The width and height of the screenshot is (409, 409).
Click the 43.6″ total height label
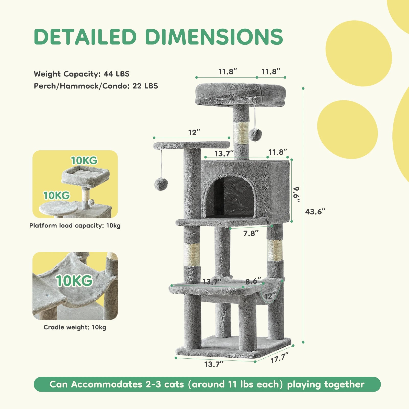315,212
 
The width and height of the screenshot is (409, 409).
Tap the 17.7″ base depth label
280,357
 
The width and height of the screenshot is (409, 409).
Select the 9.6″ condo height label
296,195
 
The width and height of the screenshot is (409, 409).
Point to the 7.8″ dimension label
251,233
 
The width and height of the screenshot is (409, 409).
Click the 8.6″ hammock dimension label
253,281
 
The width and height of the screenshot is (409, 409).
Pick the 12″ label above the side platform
194,132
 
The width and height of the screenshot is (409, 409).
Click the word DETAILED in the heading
85,37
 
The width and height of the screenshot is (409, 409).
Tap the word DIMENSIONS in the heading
214,37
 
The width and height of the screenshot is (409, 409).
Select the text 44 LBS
117,74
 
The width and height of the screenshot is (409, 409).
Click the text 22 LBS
145,86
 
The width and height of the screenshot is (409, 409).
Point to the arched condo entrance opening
230,197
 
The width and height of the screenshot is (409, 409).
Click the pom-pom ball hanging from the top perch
255,134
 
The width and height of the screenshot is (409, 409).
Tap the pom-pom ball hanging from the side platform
161,184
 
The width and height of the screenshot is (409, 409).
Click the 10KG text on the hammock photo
74,281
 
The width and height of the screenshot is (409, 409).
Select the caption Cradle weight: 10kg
75,327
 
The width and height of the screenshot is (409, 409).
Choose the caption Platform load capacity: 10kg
75,225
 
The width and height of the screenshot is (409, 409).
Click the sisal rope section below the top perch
241,133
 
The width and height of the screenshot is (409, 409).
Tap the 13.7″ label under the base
214,364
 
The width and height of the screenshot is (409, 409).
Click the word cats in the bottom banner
174,384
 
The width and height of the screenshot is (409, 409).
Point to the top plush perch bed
240,94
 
